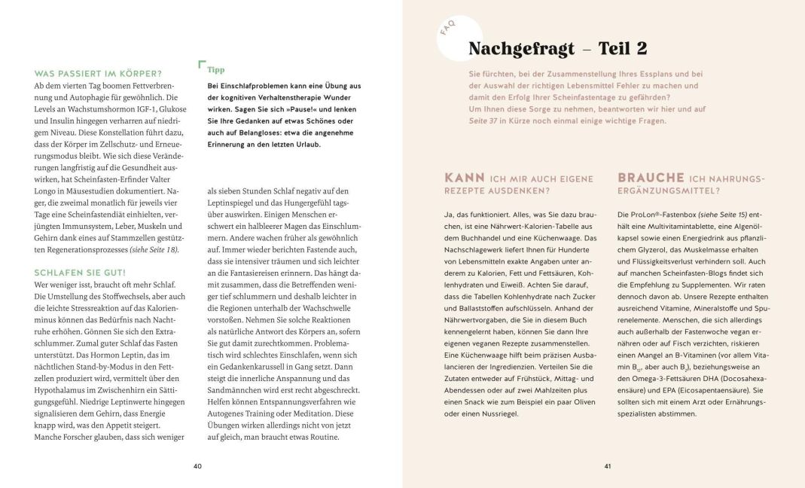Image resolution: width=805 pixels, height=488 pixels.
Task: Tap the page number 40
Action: [197, 466]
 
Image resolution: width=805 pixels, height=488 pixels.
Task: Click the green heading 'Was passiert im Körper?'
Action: [98, 73]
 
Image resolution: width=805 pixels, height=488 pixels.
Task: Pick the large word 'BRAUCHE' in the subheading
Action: [650, 178]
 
